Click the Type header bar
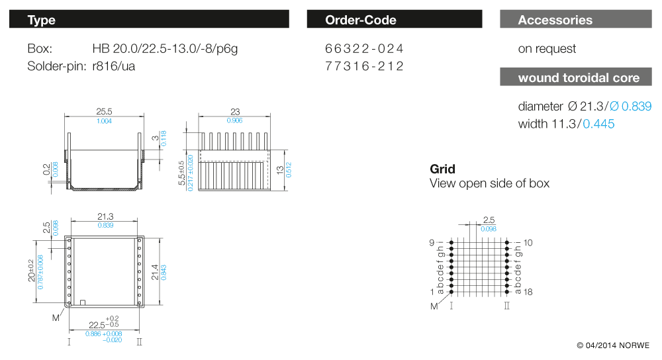[x=149, y=20]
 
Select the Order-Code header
[x=395, y=20]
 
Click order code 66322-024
[x=364, y=49]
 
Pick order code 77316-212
[x=364, y=66]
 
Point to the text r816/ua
[x=114, y=66]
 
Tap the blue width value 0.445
[x=598, y=124]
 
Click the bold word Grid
[x=442, y=169]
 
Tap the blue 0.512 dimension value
[x=289, y=169]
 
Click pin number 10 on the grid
[x=528, y=243]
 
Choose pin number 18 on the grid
[x=528, y=292]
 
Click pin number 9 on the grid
[x=432, y=243]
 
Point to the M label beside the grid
[x=434, y=306]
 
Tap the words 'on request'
[x=547, y=49]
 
